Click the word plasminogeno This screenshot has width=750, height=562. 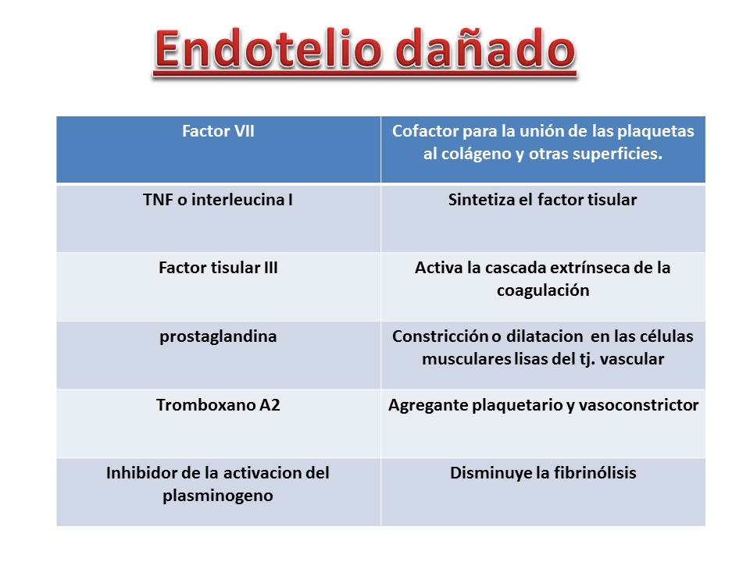[218, 496]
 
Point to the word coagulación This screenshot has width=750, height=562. [542, 291]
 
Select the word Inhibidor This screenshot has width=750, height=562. [137, 473]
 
